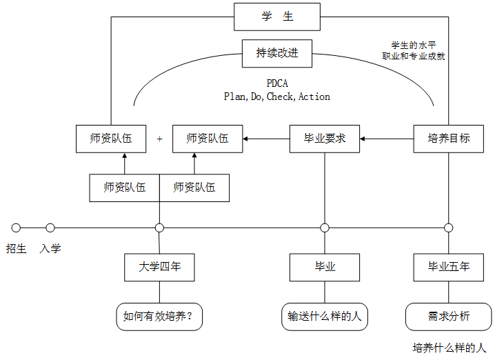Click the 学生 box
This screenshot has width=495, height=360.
[x=277, y=17]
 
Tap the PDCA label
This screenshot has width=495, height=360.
[x=277, y=83]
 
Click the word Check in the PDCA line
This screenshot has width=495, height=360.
[x=280, y=97]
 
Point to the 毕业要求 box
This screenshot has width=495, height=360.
[x=325, y=139]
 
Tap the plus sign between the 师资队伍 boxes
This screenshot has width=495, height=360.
[x=159, y=139]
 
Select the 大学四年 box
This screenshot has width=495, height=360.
[x=159, y=267]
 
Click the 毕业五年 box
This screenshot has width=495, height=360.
[x=449, y=267]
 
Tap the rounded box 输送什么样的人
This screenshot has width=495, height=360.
[x=325, y=317]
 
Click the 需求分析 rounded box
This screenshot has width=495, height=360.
[x=449, y=317]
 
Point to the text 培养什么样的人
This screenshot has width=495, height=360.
[x=449, y=348]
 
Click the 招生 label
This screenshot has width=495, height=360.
[x=17, y=248]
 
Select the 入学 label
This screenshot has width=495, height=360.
[x=50, y=248]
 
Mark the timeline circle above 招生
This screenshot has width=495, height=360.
[x=17, y=228]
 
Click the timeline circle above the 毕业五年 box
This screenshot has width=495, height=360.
[x=449, y=228]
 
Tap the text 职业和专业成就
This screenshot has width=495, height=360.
[x=414, y=57]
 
